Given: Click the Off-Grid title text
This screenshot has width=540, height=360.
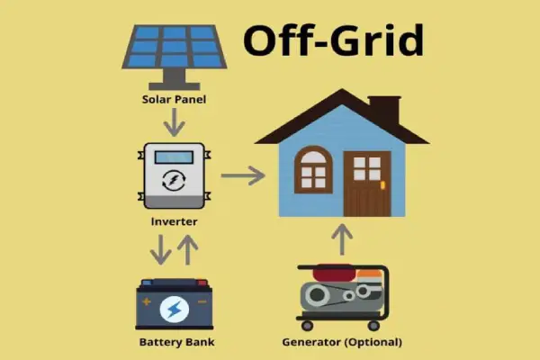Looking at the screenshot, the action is click(333, 40).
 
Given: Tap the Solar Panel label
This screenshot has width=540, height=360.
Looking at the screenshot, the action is click(174, 100).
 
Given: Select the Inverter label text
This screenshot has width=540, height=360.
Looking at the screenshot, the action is click(174, 221).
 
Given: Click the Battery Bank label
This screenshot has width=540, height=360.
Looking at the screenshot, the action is click(176, 342).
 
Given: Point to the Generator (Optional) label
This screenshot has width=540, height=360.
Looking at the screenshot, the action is click(342, 342).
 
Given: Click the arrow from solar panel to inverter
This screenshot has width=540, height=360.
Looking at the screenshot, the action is click(175, 122).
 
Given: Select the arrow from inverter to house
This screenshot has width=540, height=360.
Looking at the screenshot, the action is click(243, 175).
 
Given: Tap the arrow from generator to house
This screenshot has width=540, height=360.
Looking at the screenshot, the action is click(342, 239).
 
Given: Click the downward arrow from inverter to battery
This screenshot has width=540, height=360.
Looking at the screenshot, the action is click(160, 250).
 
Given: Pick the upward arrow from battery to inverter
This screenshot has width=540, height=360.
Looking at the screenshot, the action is click(188, 250).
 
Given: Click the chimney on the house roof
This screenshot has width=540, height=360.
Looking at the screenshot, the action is click(384, 111).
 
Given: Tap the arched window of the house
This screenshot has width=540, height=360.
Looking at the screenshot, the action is click(313, 169).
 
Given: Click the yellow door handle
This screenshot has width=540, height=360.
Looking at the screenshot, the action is click(382, 185).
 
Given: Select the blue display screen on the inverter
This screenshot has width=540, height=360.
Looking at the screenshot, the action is click(174, 157).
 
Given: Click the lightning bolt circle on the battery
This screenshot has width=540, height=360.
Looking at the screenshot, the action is click(175, 310).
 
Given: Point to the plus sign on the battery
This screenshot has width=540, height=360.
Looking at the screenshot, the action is click(147, 302).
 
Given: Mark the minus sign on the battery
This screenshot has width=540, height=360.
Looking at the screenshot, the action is click(202, 301).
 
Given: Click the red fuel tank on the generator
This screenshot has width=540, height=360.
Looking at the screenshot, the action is click(334, 273).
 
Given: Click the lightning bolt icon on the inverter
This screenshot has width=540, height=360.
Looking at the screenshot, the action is click(174, 180).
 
